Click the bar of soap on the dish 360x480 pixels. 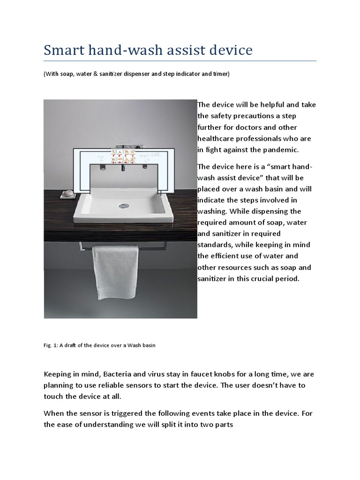[69, 193]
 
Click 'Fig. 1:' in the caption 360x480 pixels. [51, 345]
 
